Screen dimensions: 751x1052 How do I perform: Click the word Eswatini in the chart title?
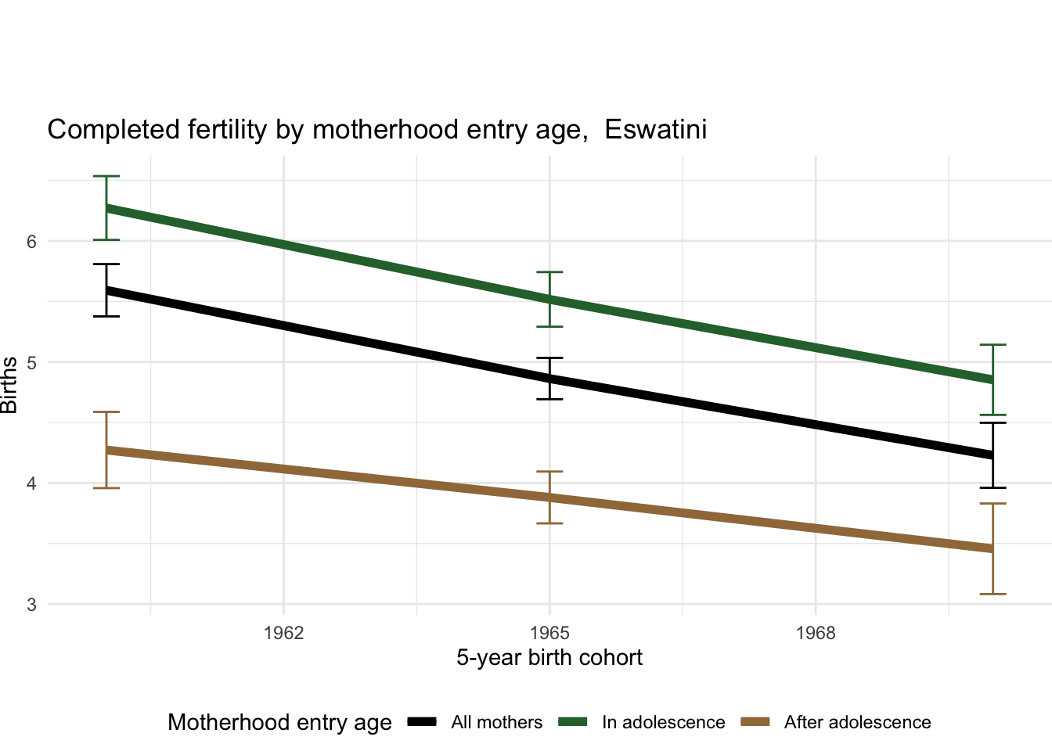[655, 129]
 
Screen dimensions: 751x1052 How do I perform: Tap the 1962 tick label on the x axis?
[283, 632]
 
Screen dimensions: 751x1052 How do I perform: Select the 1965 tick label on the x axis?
[549, 632]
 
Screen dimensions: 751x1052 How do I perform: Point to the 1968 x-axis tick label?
[816, 632]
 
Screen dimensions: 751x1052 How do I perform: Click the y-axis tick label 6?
[31, 241]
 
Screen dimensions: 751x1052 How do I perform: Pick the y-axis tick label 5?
[31, 362]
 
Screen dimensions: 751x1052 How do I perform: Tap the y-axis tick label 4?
[31, 483]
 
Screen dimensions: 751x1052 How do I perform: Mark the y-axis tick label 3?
[31, 605]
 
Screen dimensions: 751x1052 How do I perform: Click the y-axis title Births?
[9, 385]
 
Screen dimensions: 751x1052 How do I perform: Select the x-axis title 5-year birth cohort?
[549, 657]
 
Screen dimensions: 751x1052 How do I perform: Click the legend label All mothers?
[496, 722]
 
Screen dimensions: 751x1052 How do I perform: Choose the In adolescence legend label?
[663, 722]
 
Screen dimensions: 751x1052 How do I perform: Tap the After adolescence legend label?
[857, 722]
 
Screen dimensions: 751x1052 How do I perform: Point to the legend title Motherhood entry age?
[279, 722]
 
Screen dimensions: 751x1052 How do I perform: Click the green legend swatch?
[572, 722]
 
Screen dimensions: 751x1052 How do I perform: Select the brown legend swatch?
[755, 722]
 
